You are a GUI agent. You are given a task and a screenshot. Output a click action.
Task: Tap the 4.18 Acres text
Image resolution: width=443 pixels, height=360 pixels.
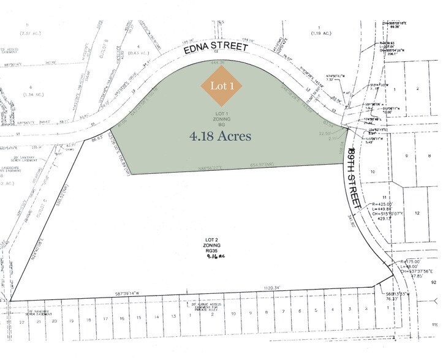pos(221,135)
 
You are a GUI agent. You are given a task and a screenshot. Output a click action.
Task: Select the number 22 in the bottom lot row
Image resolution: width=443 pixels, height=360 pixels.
pos(21,321)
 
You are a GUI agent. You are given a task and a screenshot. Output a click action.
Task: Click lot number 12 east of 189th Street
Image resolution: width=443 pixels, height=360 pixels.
pos(417,213)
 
